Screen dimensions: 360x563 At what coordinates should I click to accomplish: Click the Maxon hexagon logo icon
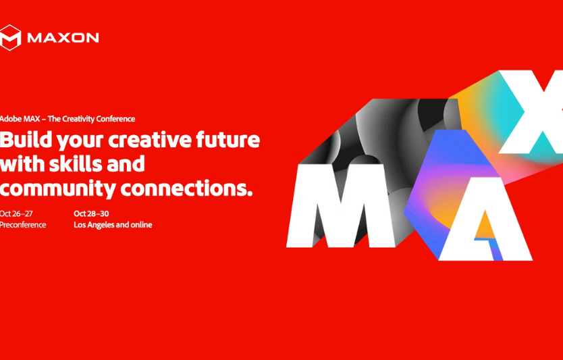pos(11,37)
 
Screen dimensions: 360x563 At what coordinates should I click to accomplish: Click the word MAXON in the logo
pos(63,38)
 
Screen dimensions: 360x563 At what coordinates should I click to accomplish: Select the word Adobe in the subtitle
pos(10,119)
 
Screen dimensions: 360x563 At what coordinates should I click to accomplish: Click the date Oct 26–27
pos(16,213)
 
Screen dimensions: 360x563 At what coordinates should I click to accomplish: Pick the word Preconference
pos(23,225)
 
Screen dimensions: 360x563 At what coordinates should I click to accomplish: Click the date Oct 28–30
pos(91,213)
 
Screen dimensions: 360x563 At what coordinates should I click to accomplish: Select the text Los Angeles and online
pos(113,225)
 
